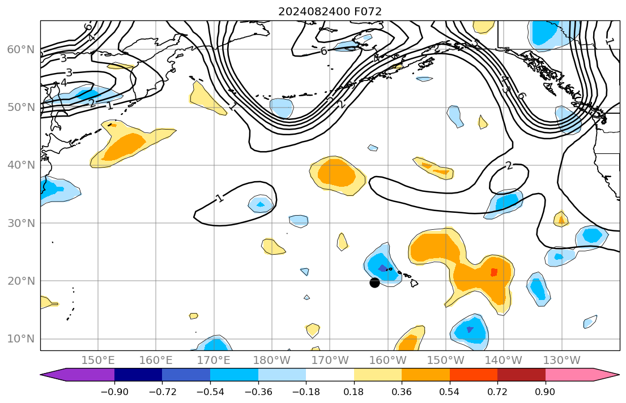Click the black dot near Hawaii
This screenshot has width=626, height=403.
[374, 282]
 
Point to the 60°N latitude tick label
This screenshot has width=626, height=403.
[21, 50]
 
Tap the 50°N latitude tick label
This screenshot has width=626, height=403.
[21, 108]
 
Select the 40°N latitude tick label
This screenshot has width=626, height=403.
[21, 165]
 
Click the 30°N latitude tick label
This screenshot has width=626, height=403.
[21, 223]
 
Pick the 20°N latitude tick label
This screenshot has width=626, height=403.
[21, 281]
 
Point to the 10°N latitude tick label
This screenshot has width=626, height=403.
[21, 339]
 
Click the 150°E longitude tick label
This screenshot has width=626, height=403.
[98, 360]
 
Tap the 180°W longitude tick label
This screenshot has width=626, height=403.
[272, 360]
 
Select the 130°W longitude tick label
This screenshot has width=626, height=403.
[561, 360]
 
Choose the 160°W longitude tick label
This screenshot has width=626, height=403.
[388, 360]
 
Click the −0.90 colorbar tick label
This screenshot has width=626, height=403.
[114, 392]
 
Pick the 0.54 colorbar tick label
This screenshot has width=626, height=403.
[449, 392]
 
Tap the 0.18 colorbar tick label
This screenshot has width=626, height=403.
[354, 392]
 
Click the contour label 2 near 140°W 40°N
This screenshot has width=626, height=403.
[508, 166]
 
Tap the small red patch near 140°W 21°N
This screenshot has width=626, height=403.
[493, 272]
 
